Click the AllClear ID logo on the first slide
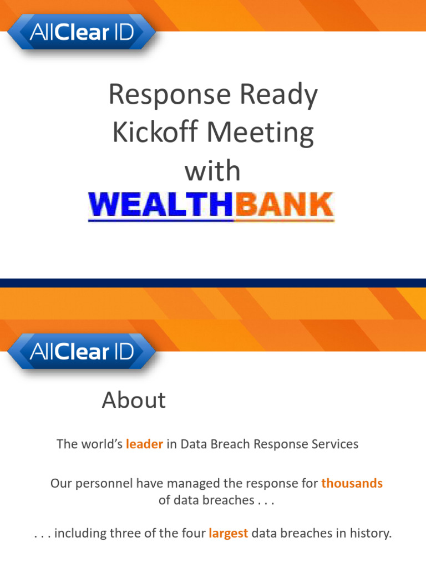click(82, 33)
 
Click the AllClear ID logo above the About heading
click(82, 352)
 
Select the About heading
click(134, 400)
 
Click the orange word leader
click(144, 444)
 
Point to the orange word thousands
click(352, 483)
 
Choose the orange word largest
click(228, 534)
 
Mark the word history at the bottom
click(373, 534)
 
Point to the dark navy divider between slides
click(213, 283)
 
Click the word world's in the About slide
click(100, 444)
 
